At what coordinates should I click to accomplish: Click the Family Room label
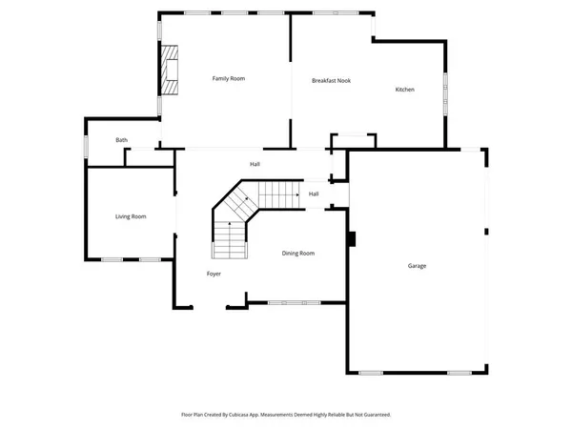229,78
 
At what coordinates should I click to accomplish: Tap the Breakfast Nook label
331,81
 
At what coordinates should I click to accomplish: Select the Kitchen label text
405,90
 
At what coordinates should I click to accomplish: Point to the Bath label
122,140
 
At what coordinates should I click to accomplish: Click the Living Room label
131,217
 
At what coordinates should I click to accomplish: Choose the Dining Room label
297,253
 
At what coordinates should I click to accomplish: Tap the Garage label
417,266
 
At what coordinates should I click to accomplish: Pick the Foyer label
214,274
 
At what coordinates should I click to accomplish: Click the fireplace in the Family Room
169,70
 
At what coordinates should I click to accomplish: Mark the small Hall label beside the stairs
314,194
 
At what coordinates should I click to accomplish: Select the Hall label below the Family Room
255,164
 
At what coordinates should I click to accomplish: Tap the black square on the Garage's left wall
351,238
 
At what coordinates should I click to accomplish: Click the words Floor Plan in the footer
194,415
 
